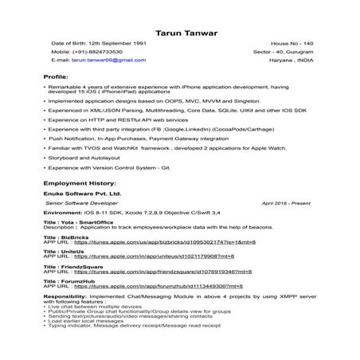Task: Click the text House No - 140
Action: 293,41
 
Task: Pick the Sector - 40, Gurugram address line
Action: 288,50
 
